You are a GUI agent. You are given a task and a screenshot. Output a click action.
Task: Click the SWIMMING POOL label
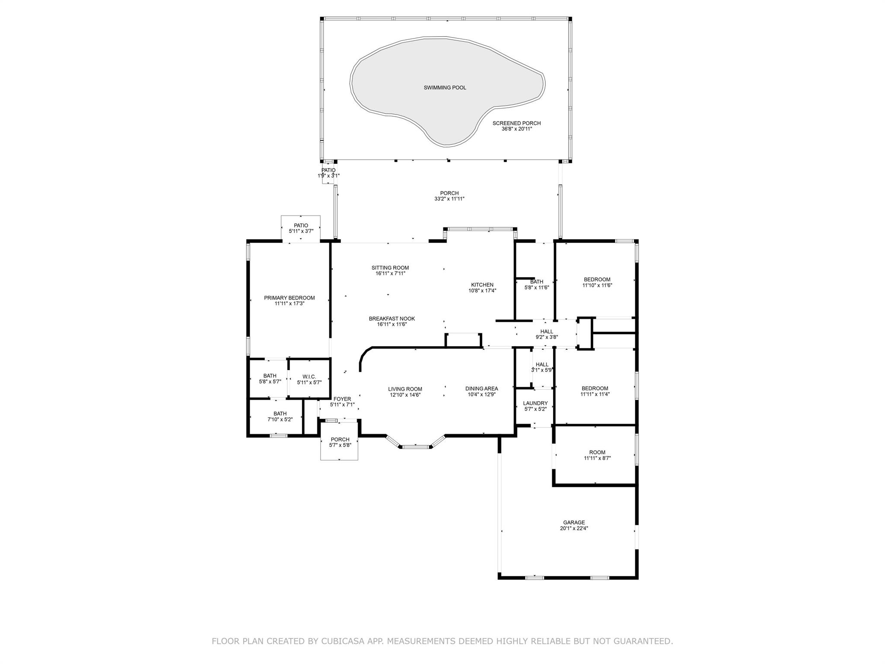(445, 88)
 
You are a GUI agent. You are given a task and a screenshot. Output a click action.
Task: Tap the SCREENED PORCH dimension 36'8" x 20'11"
(516, 129)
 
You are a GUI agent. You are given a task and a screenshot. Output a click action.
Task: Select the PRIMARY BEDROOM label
(289, 298)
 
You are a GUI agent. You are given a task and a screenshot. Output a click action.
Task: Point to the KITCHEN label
(482, 285)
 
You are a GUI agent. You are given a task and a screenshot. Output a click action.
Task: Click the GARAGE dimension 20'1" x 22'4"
(573, 528)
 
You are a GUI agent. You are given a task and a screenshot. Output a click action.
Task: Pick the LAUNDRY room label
(535, 403)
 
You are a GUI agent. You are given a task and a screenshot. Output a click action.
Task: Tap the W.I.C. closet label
(309, 377)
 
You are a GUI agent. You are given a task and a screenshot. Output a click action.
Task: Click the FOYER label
(342, 399)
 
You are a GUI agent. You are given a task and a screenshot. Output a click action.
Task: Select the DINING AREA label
(481, 389)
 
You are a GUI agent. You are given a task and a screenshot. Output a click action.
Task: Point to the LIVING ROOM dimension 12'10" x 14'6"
(405, 395)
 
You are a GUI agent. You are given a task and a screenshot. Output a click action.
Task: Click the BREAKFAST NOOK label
(392, 319)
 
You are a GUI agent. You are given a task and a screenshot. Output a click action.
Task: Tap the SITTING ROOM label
(390, 268)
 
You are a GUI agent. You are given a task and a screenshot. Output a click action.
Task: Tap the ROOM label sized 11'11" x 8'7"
(597, 453)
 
